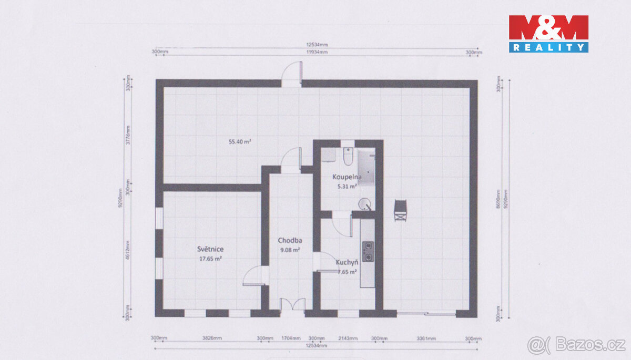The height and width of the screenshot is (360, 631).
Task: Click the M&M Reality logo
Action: pos(548,34)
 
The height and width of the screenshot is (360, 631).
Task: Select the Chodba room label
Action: pos(289,241)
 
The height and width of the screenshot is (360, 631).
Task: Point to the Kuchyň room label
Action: pos(347,262)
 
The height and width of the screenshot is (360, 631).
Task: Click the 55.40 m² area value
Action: pos(239,141)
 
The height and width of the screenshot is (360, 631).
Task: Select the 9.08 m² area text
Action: pos(289,250)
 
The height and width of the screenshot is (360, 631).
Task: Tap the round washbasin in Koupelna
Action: pos(364,204)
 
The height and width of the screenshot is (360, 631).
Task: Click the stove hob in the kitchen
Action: pos(368,251)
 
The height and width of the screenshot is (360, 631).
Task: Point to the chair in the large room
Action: pos(401,210)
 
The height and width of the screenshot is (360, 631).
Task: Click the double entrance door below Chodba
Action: pos(292,306)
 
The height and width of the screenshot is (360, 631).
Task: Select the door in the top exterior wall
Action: pos(292,74)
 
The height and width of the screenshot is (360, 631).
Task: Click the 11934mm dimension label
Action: pos(317,52)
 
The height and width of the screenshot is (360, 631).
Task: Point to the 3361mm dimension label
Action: pos(426,338)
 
